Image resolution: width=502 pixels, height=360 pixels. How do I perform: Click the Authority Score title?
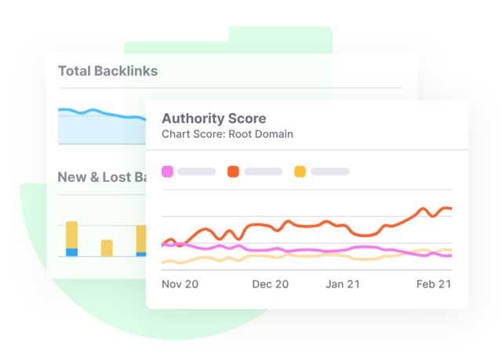point(213,119)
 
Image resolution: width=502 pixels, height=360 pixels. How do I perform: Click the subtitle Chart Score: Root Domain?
point(227,134)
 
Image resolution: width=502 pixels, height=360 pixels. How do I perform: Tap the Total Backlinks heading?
point(107,71)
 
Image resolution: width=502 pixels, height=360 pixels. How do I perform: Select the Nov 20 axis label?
point(180,284)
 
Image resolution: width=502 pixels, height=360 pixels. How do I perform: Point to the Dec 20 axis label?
point(270,284)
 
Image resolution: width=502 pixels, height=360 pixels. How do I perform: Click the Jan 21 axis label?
point(343,284)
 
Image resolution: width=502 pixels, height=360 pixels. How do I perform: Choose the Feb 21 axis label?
point(433,284)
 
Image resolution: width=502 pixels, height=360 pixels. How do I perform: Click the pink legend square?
point(167,171)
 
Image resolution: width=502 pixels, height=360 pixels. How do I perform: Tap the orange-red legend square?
point(233,171)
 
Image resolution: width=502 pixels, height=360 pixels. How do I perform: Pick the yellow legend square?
point(300,171)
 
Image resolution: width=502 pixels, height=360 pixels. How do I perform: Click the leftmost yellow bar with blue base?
point(71,235)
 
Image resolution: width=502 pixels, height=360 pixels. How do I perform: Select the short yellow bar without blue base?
point(107,248)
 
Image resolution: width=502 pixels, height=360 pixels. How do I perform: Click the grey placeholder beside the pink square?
point(196,171)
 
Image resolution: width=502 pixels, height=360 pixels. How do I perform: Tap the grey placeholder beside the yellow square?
point(329,171)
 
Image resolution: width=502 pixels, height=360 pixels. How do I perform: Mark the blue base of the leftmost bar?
point(71,252)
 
